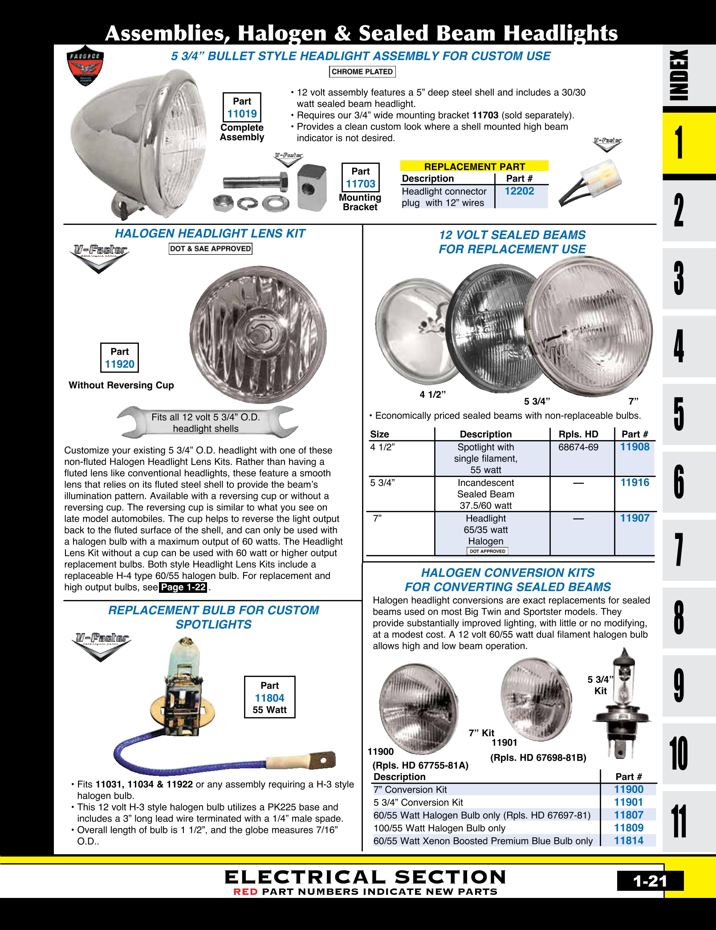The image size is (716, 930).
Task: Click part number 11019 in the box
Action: pos(242,114)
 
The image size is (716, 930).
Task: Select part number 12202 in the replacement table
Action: pos(519,191)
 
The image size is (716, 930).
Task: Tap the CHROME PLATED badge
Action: pos(362,72)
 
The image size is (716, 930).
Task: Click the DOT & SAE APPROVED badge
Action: pos(211,249)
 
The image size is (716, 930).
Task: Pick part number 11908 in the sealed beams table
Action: pos(635,447)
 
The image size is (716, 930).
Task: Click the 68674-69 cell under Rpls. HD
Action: pos(578,447)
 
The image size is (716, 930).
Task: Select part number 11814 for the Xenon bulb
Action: pos(628,840)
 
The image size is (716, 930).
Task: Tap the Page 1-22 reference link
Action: pos(183,587)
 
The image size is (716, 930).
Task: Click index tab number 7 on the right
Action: pos(679,550)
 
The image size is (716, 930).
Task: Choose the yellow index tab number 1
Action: pos(679,143)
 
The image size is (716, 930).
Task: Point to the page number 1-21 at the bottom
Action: pos(650,881)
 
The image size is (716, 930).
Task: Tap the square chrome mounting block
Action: pos(312,187)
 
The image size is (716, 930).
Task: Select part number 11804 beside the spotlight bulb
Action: pos(269,698)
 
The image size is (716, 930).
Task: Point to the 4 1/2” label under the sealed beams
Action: pos(432,395)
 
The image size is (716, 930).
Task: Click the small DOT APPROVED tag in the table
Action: pos(487,551)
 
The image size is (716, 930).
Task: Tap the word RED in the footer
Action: pos(245,892)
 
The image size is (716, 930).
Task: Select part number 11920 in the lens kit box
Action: pos(119,364)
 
